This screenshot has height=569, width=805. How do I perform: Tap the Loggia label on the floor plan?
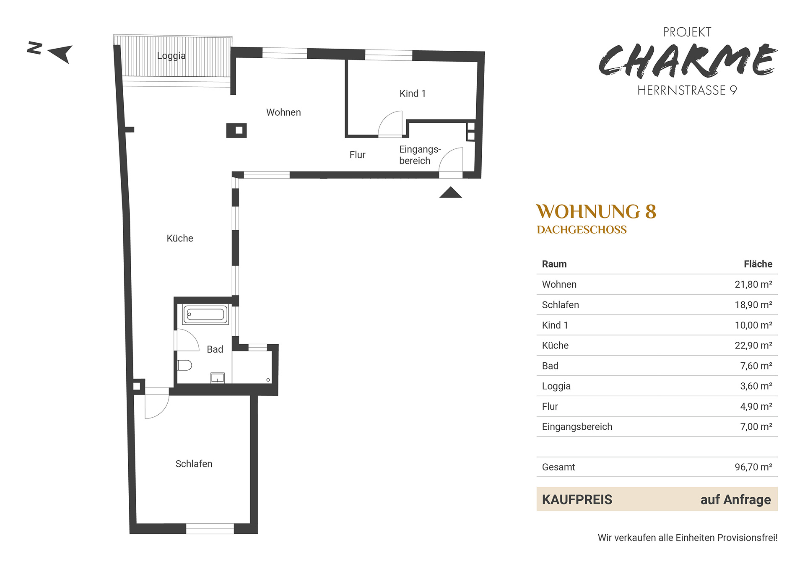(171, 56)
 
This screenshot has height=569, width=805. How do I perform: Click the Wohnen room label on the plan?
(283, 112)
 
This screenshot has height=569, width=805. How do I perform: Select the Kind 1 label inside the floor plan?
(413, 94)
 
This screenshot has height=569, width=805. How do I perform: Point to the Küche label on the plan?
(180, 238)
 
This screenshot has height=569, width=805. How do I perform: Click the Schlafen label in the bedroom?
(194, 464)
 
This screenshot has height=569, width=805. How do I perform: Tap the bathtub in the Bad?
(205, 314)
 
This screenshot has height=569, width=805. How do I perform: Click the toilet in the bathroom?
(184, 365)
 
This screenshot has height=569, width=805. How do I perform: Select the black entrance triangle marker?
(451, 192)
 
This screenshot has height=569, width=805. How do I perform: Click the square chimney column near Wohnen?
(236, 130)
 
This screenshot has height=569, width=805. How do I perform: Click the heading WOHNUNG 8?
(596, 212)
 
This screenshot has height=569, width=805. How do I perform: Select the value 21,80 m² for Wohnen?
(753, 284)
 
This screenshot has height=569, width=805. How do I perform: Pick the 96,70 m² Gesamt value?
(753, 467)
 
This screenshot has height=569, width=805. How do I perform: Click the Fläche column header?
(758, 264)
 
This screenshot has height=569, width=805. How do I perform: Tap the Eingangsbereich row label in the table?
(577, 427)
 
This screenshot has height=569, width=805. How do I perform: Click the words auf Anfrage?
(736, 500)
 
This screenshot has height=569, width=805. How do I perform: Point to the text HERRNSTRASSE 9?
(687, 90)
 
